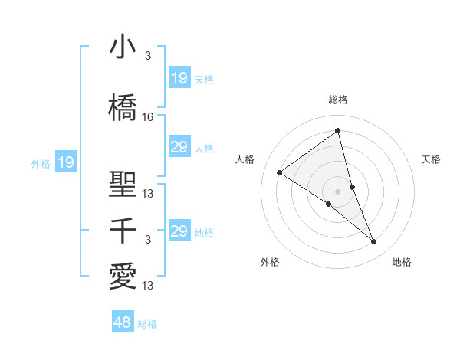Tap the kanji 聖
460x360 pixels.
pyautogui.click(x=123, y=184)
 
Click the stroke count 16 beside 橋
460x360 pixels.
pyautogui.click(x=148, y=117)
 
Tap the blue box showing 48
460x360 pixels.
pyautogui.click(x=123, y=322)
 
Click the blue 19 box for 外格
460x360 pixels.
pyautogui.click(x=65, y=162)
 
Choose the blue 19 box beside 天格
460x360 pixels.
pyautogui.click(x=179, y=78)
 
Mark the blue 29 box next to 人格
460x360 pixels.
pyautogui.click(x=179, y=147)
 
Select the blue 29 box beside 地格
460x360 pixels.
pyautogui.click(x=179, y=231)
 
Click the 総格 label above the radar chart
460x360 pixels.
pyautogui.click(x=338, y=100)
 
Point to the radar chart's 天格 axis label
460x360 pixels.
pyautogui.click(x=432, y=159)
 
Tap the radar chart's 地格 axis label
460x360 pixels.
pyautogui.click(x=402, y=262)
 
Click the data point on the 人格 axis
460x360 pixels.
pyautogui.click(x=280, y=172)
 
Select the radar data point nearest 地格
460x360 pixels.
pyautogui.click(x=374, y=242)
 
